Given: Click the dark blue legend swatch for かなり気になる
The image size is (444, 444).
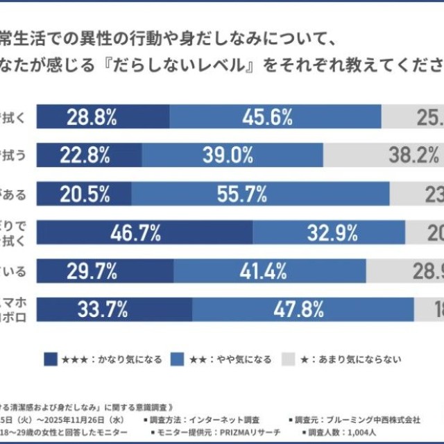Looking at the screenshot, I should [x=50, y=359].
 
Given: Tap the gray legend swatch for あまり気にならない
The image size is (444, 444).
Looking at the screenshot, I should [x=289, y=359].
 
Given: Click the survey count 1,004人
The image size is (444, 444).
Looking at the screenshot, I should [x=361, y=432].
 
